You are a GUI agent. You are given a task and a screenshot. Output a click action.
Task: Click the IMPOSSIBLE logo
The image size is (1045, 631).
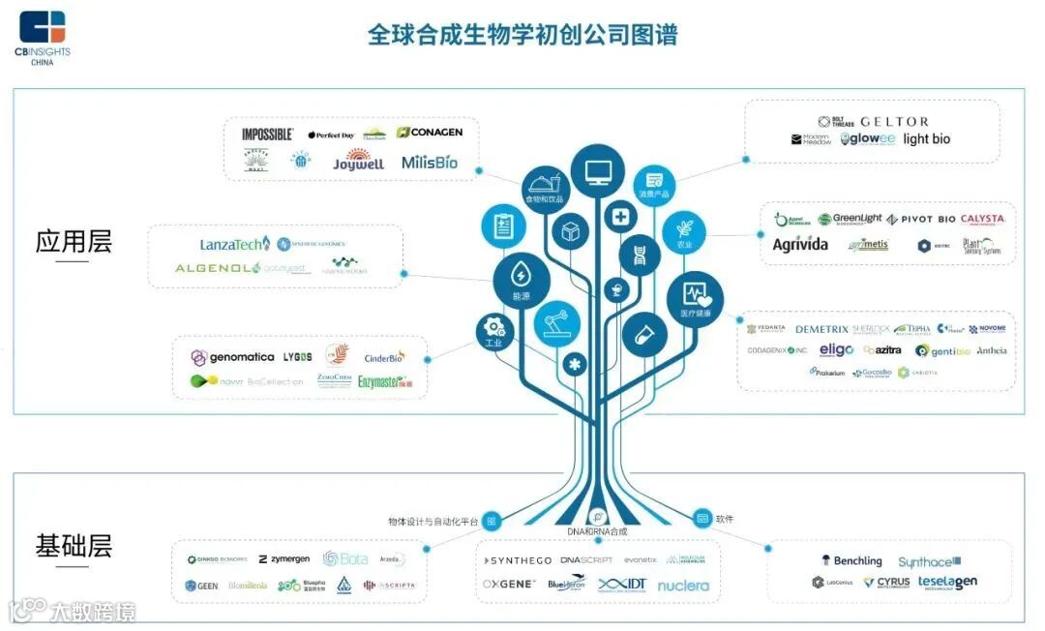click(267, 135)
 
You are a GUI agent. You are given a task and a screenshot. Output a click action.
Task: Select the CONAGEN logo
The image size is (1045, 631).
click(430, 133)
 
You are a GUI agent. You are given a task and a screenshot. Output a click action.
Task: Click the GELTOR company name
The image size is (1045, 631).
click(894, 122)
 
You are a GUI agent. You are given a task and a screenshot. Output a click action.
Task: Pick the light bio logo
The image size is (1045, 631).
click(926, 139)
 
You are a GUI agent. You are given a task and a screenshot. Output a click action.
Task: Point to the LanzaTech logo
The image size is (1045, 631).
click(235, 244)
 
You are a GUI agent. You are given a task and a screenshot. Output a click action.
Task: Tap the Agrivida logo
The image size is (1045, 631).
click(799, 245)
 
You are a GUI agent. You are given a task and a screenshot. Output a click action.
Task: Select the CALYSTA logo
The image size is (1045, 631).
click(982, 220)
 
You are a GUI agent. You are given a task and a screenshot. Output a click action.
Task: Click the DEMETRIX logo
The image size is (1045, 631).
click(821, 330)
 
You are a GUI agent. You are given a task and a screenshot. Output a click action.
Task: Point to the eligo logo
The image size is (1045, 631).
click(836, 350)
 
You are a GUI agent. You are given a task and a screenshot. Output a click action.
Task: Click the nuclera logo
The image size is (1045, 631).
click(683, 586)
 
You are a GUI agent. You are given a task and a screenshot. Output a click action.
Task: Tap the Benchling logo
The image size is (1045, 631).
click(851, 560)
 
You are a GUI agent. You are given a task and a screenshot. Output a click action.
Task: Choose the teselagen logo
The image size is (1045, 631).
click(947, 583)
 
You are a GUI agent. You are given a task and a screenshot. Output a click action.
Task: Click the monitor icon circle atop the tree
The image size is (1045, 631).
click(596, 172)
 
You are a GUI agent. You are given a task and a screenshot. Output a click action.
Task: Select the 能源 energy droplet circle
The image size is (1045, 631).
click(521, 282)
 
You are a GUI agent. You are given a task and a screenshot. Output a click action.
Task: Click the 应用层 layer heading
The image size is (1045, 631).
click(74, 242)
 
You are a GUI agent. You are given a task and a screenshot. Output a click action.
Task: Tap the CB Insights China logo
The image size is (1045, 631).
click(43, 37)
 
